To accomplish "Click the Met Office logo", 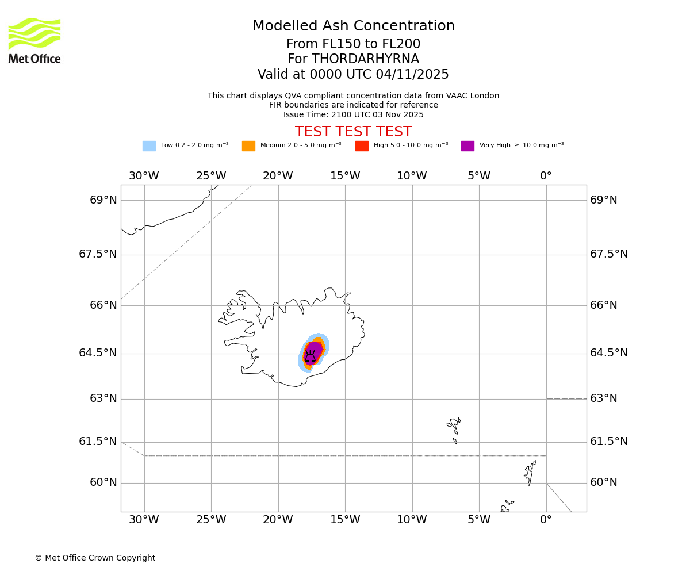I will click(x=34, y=40).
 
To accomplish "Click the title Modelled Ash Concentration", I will click(x=353, y=26).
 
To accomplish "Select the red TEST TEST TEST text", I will click(x=353, y=132).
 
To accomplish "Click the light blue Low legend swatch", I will click(x=149, y=146).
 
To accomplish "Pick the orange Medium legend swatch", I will click(x=248, y=146).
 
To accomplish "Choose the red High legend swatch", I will click(x=362, y=146).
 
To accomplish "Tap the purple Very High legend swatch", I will click(x=467, y=146).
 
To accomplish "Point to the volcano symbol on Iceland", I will click(x=310, y=356).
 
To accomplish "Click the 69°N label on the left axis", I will click(x=103, y=200).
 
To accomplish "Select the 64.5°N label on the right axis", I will click(x=609, y=353).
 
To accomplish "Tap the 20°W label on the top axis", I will click(x=278, y=176).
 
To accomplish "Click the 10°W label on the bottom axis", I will click(x=412, y=520).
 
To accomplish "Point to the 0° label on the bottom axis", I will click(x=546, y=520).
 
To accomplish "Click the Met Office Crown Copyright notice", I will click(x=95, y=558).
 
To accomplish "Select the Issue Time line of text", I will click(x=353, y=114).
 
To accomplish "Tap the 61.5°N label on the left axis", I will click(x=98, y=442).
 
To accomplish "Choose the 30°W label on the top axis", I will click(x=144, y=176).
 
